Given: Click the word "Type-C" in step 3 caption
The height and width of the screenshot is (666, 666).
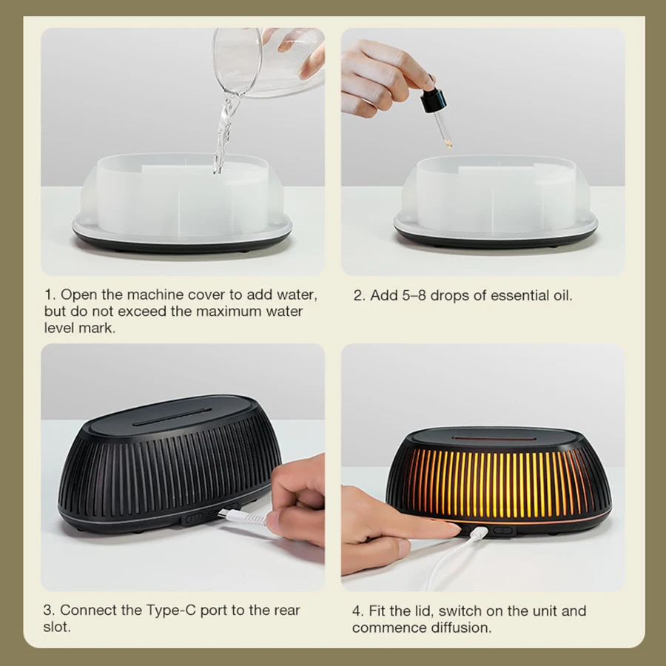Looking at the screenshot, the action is pyautogui.click(x=171, y=610).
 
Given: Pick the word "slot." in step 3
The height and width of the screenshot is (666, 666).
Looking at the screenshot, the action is pyautogui.click(x=57, y=627).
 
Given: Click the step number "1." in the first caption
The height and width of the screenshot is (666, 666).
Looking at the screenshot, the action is pyautogui.click(x=50, y=295).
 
